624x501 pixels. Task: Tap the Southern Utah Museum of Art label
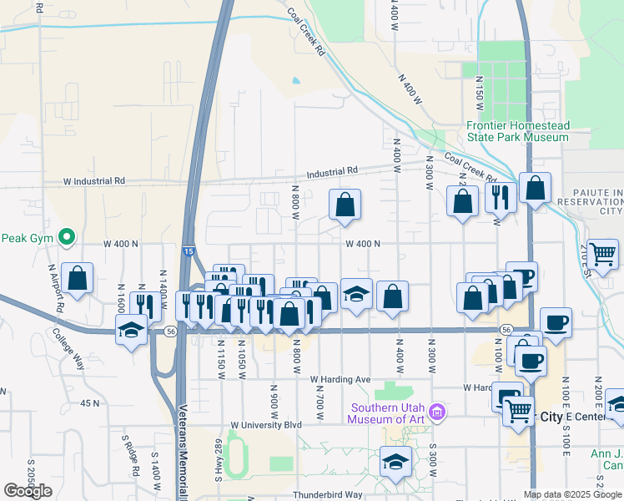click(389, 413)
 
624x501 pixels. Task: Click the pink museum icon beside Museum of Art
click(436, 411)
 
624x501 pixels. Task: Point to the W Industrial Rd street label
click(94, 180)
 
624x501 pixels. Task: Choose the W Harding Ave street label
click(340, 379)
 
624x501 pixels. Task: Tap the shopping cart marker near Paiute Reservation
click(601, 252)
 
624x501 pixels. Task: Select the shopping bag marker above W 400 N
click(345, 204)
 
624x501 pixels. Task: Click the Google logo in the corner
click(28, 491)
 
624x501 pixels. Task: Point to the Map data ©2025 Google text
click(572, 494)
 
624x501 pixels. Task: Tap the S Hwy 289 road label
click(218, 455)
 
